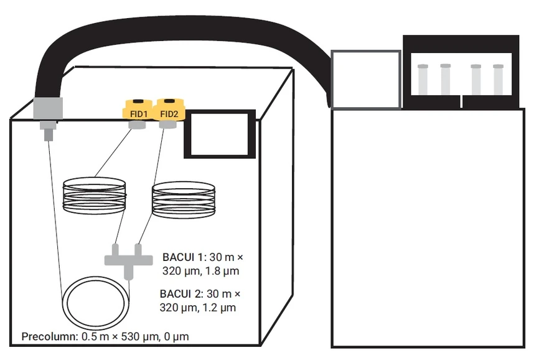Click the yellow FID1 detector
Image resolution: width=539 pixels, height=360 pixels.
click(x=138, y=110)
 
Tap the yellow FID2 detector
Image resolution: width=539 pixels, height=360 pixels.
click(x=169, y=110)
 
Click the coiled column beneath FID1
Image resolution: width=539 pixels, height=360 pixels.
click(x=95, y=196)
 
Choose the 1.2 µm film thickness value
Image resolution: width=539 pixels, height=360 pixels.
click(x=222, y=307)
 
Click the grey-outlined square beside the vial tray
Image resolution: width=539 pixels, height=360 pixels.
click(x=365, y=80)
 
